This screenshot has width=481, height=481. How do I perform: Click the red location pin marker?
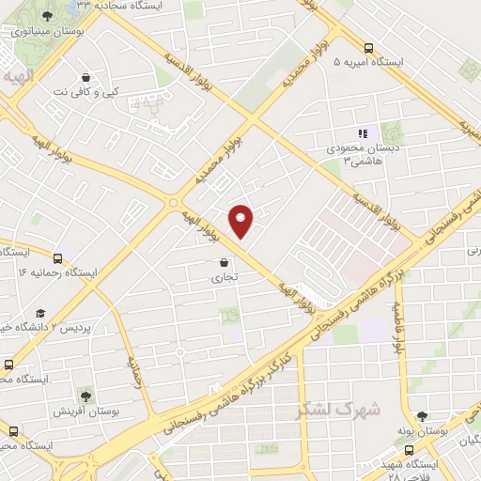coord(242,220)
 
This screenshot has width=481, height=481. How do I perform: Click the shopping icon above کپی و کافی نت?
coord(86,78)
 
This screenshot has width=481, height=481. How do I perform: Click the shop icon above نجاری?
coord(223,263)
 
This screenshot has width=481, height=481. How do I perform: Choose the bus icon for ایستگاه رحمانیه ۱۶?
coord(58,257)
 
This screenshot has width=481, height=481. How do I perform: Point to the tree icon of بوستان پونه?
coord(422,416)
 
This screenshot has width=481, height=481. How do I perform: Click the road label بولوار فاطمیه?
coord(398,329)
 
